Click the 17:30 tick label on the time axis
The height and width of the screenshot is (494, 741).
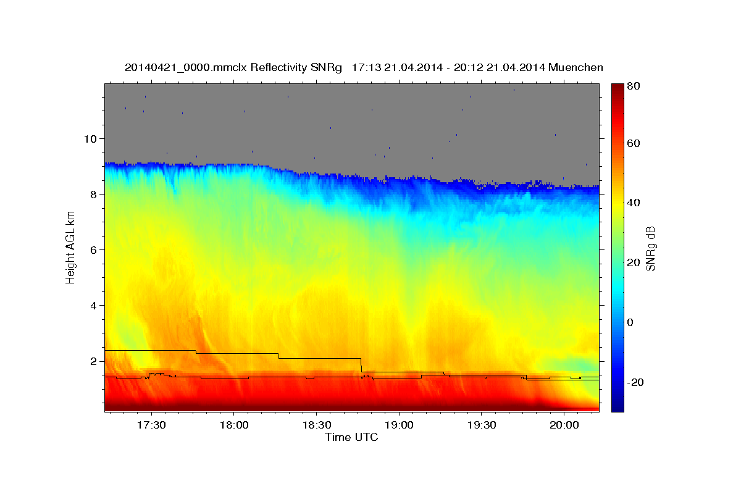click(x=151, y=425)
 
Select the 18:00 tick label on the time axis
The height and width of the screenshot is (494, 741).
click(x=234, y=425)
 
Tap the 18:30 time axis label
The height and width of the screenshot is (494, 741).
click(x=317, y=425)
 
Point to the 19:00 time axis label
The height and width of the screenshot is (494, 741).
click(x=399, y=425)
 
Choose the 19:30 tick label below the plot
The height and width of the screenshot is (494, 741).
click(x=481, y=425)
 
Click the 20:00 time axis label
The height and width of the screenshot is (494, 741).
click(x=564, y=425)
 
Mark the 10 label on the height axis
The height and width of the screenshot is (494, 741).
click(x=90, y=139)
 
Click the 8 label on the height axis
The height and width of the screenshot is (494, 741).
click(x=94, y=195)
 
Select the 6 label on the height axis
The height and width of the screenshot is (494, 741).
click(x=94, y=250)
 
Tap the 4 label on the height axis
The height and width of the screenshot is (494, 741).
click(x=94, y=306)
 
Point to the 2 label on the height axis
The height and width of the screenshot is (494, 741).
click(x=94, y=361)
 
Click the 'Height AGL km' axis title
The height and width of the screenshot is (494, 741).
click(x=70, y=248)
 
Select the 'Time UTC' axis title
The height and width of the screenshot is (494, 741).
click(x=351, y=437)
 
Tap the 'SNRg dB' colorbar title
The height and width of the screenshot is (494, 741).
click(x=651, y=249)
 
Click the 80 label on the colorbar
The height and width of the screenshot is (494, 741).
click(x=634, y=86)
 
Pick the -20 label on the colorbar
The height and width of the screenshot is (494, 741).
click(x=635, y=382)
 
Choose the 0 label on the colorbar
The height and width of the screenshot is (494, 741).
click(x=630, y=322)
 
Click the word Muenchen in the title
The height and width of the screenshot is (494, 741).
click(x=576, y=67)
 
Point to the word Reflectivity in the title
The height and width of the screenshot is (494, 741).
click(x=278, y=68)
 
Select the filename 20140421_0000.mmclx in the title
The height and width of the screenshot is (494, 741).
click(x=186, y=68)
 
